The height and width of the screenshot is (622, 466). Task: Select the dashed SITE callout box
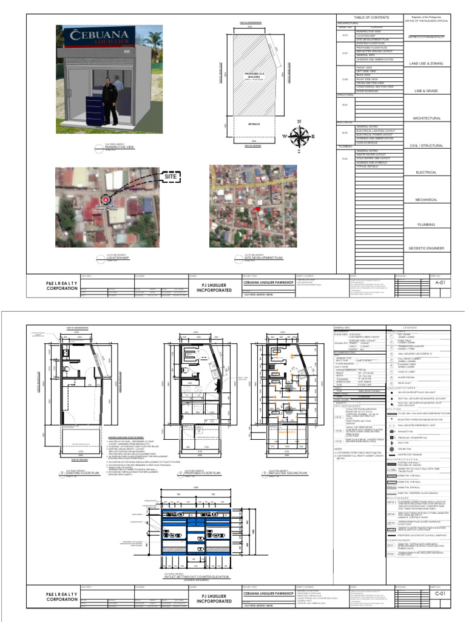pos(173,176)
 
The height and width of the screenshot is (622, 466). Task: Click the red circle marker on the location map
pos(106,199)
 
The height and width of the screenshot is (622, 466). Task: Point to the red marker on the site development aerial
pos(258,209)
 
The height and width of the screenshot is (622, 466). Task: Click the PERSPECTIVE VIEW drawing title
pos(119,147)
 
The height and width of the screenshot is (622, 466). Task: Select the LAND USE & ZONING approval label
pos(426,63)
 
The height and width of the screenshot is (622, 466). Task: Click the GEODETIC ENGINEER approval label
pos(426,248)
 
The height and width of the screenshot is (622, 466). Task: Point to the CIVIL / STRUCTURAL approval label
pos(426,146)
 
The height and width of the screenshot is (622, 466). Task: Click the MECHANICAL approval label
pos(426,200)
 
